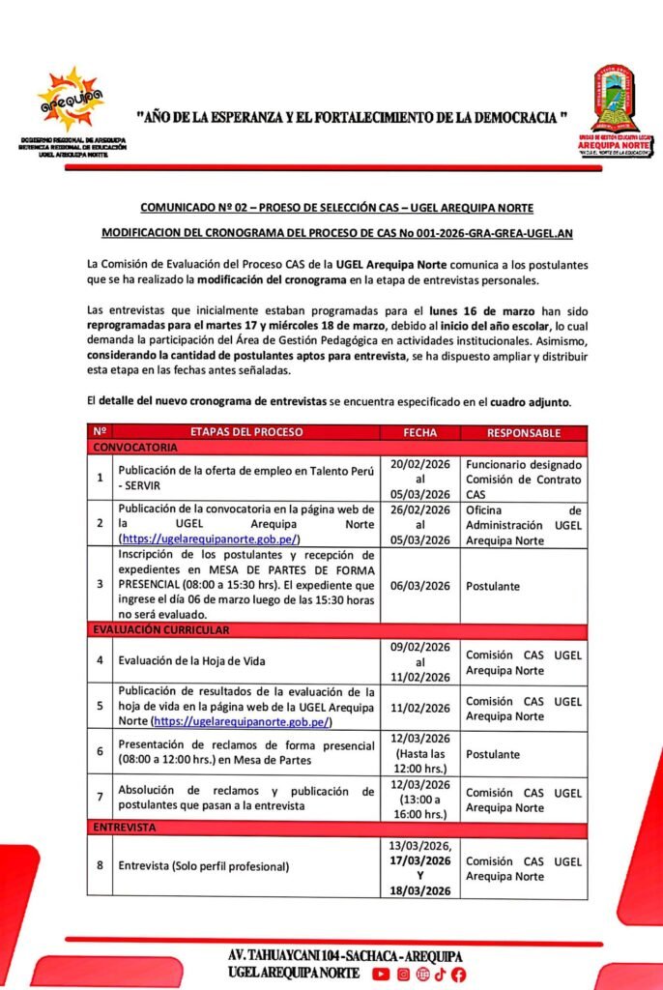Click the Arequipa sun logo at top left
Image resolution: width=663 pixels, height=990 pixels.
(x=69, y=99)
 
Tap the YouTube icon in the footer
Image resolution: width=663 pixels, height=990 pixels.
(x=383, y=975)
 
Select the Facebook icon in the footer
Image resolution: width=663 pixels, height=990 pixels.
(x=458, y=975)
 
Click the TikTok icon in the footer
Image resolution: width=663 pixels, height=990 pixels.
(x=440, y=975)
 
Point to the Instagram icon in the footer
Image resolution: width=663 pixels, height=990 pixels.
(x=404, y=975)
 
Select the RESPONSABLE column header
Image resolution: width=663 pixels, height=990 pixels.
(x=523, y=432)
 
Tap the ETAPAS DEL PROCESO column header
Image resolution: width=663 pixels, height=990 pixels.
(x=245, y=432)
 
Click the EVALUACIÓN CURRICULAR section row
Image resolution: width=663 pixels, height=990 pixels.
(x=161, y=630)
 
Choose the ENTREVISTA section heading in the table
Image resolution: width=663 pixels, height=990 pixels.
(x=126, y=829)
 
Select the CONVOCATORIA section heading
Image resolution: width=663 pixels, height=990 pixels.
(x=135, y=449)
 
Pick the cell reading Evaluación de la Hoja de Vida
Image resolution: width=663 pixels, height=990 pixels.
(x=191, y=661)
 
